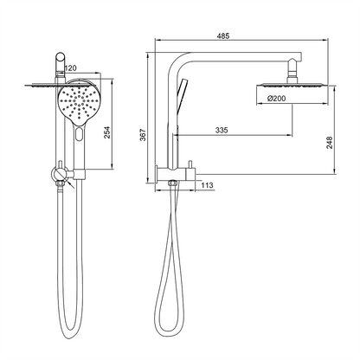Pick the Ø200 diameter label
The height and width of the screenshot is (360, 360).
point(277,100)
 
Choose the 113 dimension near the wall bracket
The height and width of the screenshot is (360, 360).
point(208,183)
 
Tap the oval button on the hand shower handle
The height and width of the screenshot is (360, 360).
point(80,135)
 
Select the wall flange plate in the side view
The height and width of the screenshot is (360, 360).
point(159,173)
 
